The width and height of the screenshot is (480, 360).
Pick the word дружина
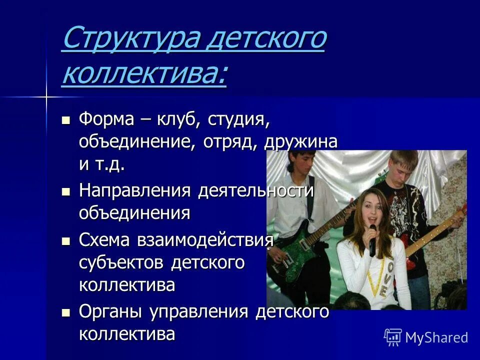[301, 142]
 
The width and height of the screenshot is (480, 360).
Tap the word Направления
[135, 191]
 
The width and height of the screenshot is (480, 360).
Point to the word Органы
[107, 312]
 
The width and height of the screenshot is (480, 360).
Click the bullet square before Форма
[65, 120]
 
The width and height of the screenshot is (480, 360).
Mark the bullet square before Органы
[65, 312]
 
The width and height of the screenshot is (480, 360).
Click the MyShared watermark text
[436, 337]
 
